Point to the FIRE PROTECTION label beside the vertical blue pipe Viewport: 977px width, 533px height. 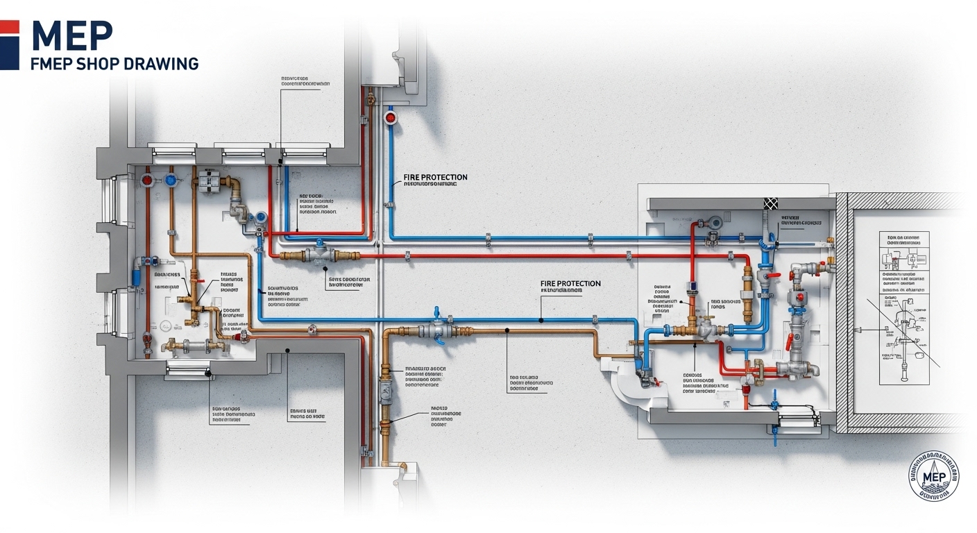coord(435,178)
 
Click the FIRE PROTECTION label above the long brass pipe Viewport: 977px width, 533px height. coord(570,284)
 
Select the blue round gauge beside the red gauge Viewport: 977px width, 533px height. coord(170,180)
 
